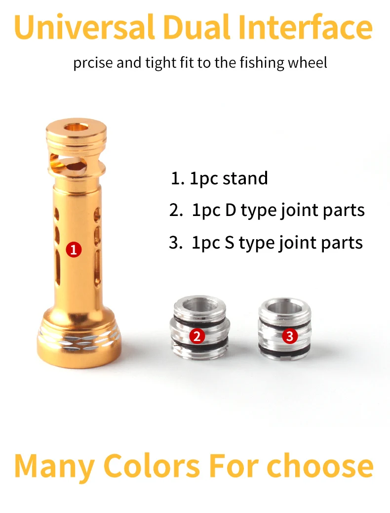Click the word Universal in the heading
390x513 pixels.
(x=84, y=27)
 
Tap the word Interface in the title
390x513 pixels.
(x=305, y=26)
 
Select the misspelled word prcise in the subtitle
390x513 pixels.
(x=93, y=63)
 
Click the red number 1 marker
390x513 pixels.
(x=74, y=250)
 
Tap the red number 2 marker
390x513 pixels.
(x=197, y=336)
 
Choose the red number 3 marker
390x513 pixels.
(x=290, y=336)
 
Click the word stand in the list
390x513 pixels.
(x=245, y=178)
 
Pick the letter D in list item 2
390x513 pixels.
(x=231, y=211)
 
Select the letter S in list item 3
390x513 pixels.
(x=230, y=243)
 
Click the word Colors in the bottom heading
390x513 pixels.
(x=152, y=466)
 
